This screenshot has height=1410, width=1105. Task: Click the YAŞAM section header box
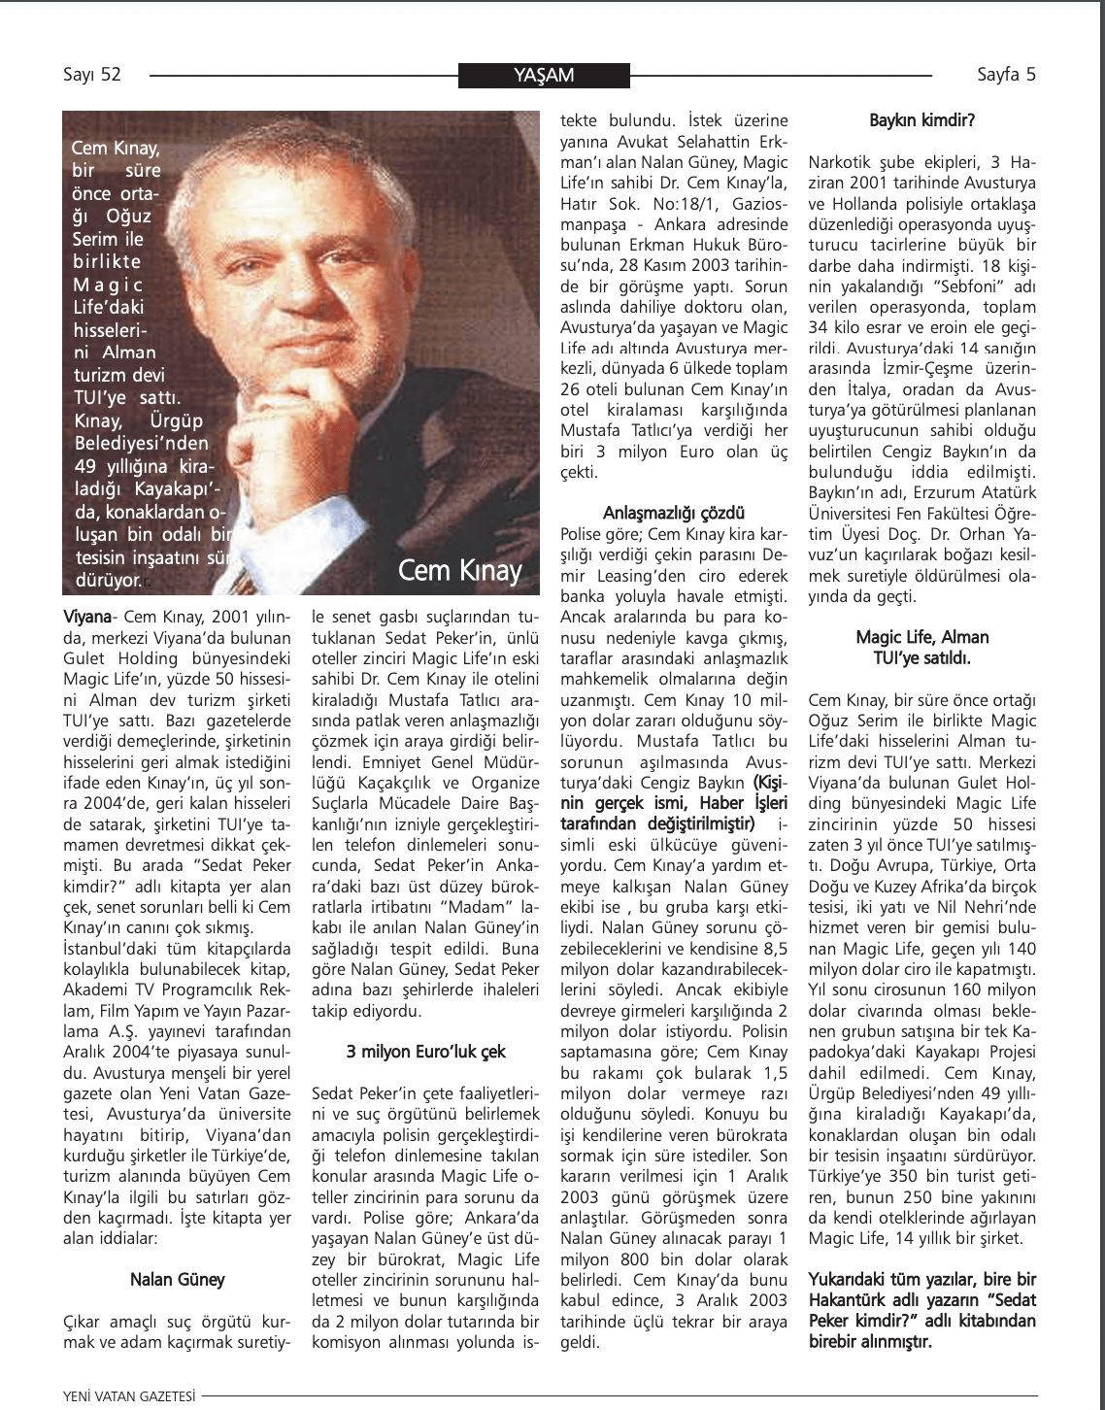pos(543,76)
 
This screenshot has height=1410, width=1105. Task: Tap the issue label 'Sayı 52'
pos(92,75)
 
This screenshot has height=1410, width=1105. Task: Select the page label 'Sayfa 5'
pos(1006,75)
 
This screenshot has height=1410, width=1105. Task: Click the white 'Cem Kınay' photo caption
pos(459,570)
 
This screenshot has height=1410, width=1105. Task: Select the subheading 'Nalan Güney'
pos(178,1280)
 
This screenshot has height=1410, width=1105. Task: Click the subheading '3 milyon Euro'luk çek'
pos(426,1052)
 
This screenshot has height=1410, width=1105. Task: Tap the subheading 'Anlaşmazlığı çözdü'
pos(675,512)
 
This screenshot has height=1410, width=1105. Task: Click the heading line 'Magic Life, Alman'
pos(922,637)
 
